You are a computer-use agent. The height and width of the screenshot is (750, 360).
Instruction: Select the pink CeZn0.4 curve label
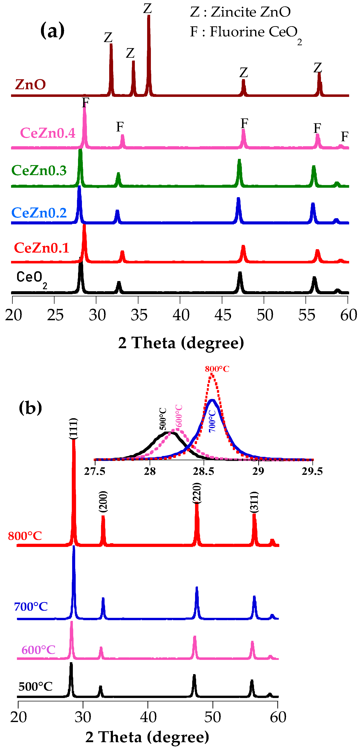tap(48, 133)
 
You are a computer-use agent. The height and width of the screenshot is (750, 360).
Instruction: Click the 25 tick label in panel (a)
tap(55, 315)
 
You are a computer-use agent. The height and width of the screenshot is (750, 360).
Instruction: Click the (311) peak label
tap(254, 502)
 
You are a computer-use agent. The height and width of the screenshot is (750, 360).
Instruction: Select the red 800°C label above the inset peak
tap(217, 369)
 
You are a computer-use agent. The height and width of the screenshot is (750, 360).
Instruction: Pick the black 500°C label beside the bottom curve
tap(35, 687)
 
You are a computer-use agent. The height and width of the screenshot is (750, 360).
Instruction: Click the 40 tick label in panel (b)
tap(148, 717)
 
